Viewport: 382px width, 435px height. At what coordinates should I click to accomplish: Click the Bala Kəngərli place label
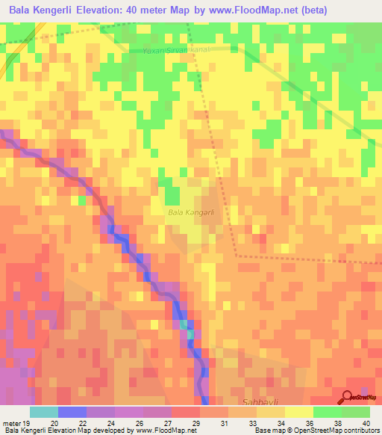pos(192,213)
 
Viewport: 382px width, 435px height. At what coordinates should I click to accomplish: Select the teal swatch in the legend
pos(44,412)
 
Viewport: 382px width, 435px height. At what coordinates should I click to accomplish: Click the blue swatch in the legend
pos(72,412)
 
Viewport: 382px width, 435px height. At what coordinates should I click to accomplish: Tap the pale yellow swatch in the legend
pos(298,412)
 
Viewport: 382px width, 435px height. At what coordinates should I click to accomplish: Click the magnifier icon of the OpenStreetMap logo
pos(347,396)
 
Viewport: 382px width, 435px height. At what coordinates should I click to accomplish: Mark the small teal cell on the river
pos(184,325)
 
